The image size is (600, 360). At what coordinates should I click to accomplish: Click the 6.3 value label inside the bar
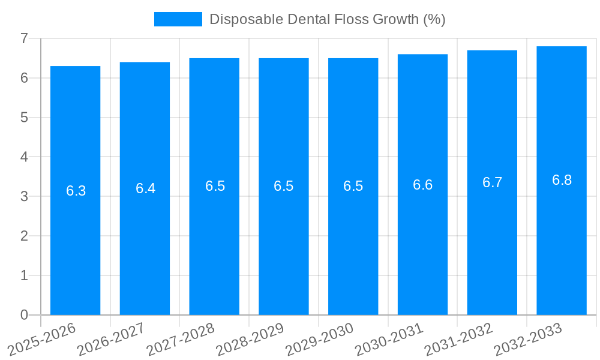pos(76,191)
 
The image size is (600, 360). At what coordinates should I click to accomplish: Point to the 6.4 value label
pos(145,188)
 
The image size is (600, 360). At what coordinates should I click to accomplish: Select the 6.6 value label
pos(422,185)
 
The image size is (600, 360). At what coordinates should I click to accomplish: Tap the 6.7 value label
pos(492,182)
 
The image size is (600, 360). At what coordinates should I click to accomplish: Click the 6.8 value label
pos(562,180)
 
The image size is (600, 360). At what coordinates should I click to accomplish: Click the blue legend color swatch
pos(178,19)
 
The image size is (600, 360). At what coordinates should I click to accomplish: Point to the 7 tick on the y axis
pos(24,38)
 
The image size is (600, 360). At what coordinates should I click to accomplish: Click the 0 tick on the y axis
pos(24,315)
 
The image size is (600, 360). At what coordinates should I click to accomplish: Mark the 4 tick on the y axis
pos(24,157)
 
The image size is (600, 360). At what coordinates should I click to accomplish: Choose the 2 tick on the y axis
pos(24,236)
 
